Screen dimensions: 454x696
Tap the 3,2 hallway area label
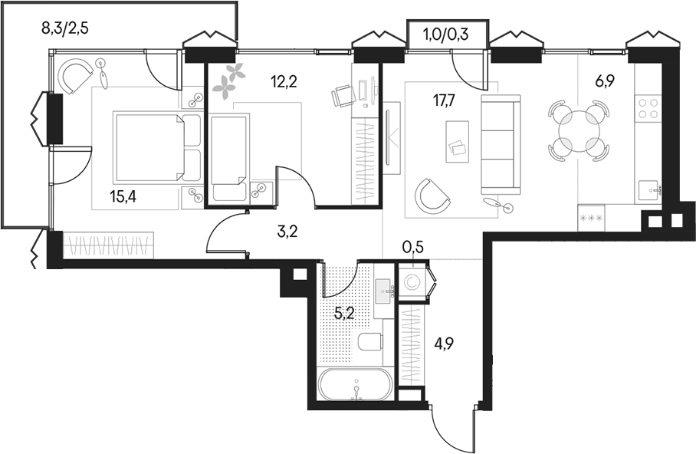pyautogui.click(x=289, y=229)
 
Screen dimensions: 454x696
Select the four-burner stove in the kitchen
pyautogui.click(x=648, y=109)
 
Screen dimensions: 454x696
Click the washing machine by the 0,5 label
pyautogui.click(x=412, y=281)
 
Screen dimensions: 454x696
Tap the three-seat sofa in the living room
pyautogui.click(x=500, y=145)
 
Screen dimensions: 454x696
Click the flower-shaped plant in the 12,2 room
pyautogui.click(x=229, y=80)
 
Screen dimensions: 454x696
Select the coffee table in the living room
pyautogui.click(x=458, y=142)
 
